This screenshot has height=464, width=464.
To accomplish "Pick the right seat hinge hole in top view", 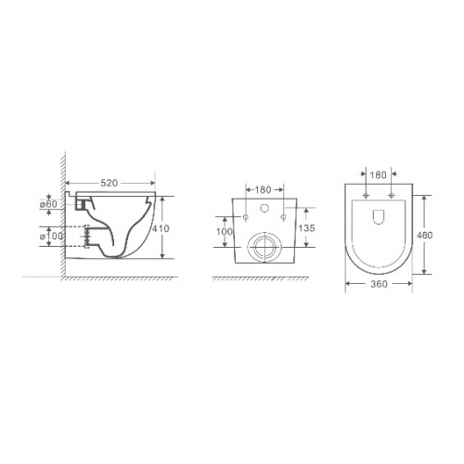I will click(x=393, y=197).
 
